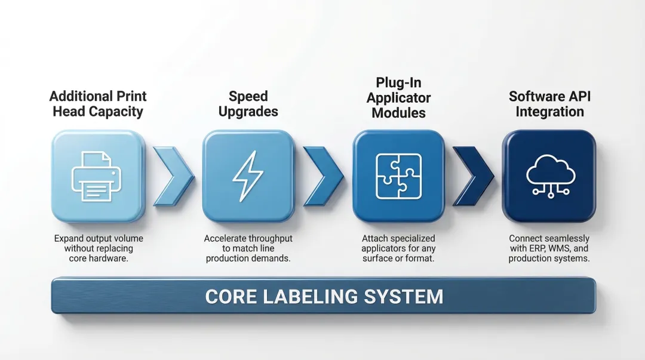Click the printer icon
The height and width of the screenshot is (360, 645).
(97, 177)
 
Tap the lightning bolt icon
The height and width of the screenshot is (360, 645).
(248, 176)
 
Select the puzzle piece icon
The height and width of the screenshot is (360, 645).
(398, 177)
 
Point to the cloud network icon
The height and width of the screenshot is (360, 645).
(551, 177)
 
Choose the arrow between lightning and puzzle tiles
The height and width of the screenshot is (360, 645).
(324, 176)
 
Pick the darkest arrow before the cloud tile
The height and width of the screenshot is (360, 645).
(474, 176)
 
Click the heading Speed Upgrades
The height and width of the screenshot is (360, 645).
(248, 104)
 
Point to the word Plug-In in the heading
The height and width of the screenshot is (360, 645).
(398, 83)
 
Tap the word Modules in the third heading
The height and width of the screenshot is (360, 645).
(398, 113)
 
